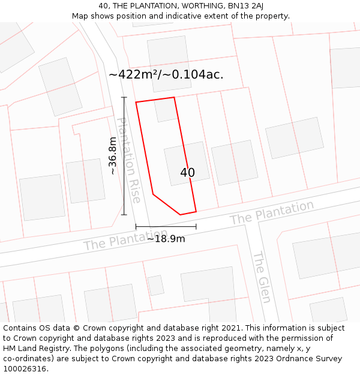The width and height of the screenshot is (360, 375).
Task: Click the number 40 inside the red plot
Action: click(x=187, y=173)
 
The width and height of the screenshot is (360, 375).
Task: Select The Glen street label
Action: click(x=262, y=277)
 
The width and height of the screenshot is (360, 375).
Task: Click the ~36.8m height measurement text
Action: click(x=113, y=156)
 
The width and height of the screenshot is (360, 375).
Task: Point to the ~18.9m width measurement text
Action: click(x=166, y=238)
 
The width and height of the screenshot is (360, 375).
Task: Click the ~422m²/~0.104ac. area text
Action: click(x=166, y=74)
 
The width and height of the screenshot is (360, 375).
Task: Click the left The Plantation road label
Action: click(x=125, y=240)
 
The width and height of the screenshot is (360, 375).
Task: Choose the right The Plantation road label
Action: click(x=272, y=213)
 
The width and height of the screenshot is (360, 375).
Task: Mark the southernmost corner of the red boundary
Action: click(x=180, y=215)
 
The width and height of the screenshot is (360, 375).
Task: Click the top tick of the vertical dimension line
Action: click(x=124, y=97)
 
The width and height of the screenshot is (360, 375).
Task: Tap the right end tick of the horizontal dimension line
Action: click(x=196, y=226)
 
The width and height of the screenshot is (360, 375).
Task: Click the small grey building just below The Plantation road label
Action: click(x=156, y=285)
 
